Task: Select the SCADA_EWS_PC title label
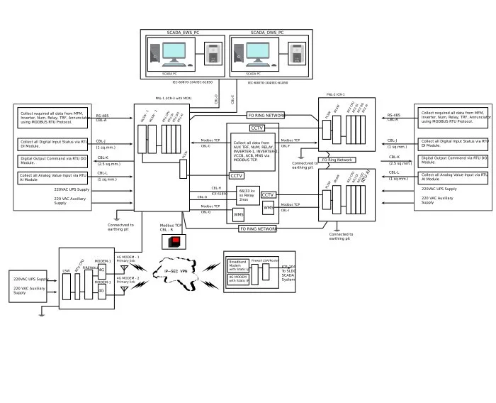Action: coord(183,33)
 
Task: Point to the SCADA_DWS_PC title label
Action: coord(267,33)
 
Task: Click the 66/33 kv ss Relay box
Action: coord(247,195)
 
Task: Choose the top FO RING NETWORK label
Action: coord(266,115)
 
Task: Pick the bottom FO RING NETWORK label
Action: coord(257,229)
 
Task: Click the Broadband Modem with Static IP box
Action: coord(238,266)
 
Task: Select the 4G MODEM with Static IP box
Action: coord(238,279)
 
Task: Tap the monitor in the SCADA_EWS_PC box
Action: coord(174,54)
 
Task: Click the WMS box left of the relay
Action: coord(239,214)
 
